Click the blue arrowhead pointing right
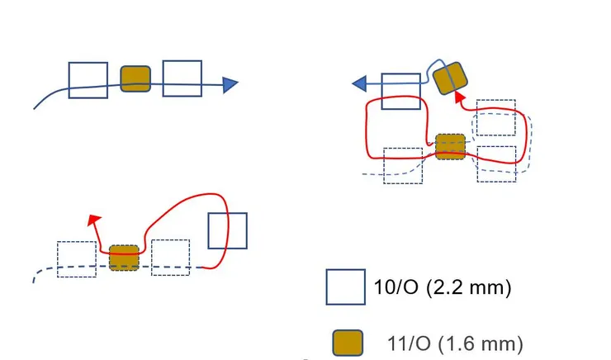pyautogui.click(x=230, y=83)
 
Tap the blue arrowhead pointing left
pyautogui.click(x=361, y=83)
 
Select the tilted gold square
pyautogui.click(x=450, y=78)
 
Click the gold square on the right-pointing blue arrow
pyautogui.click(x=135, y=79)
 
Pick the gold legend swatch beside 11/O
pyautogui.click(x=348, y=343)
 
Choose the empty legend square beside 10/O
pyautogui.click(x=346, y=288)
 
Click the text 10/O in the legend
pyautogui.click(x=395, y=289)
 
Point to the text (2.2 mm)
pyautogui.click(x=469, y=289)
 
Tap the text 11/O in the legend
pyautogui.click(x=404, y=343)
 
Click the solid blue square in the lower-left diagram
pyautogui.click(x=227, y=230)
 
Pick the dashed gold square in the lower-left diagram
pyautogui.click(x=124, y=258)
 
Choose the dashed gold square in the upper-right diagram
pyautogui.click(x=450, y=146)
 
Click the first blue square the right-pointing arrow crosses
pyautogui.click(x=88, y=80)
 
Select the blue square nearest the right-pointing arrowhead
pyautogui.click(x=182, y=78)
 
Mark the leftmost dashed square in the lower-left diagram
pyautogui.click(x=76, y=259)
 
